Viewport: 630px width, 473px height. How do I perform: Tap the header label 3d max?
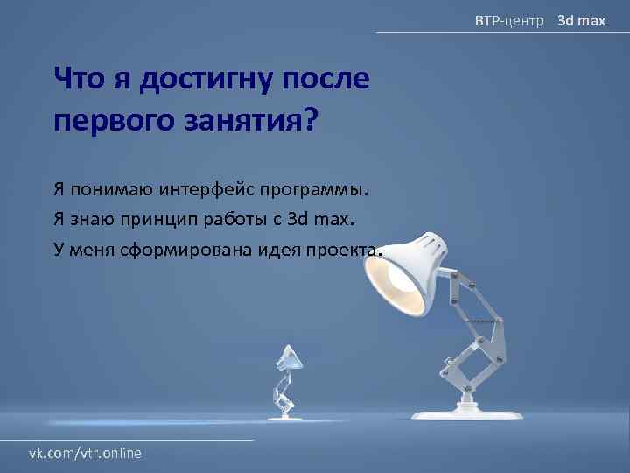point(582,18)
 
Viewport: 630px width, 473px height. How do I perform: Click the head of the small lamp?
point(289,357)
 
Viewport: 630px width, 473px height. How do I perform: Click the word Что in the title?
point(77,81)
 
